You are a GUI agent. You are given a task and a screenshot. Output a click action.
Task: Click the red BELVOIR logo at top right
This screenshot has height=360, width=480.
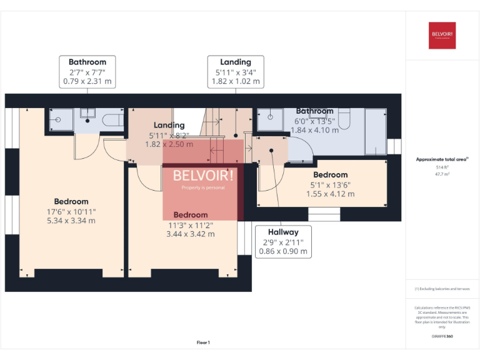tap(442, 35)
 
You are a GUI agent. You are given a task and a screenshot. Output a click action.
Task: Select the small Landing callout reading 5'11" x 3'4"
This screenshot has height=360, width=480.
tap(236, 71)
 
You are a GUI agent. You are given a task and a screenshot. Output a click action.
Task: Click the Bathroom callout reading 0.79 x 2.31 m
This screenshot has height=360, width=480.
tap(87, 71)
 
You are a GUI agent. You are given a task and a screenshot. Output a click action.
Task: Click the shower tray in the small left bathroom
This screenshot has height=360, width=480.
tap(59, 120)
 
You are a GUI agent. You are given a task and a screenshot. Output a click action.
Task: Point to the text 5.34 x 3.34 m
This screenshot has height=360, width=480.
tap(71, 221)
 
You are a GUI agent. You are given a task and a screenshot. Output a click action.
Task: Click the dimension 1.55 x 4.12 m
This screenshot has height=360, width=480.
tap(330, 194)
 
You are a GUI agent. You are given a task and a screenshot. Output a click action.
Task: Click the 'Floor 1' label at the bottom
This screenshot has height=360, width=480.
tap(203, 342)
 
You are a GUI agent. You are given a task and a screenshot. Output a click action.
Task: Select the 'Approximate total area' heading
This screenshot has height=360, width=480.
tap(442, 159)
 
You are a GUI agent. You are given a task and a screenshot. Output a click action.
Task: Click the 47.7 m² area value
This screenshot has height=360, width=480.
tap(442, 174)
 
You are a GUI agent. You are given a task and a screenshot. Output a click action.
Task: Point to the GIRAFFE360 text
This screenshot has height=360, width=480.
tap(442, 337)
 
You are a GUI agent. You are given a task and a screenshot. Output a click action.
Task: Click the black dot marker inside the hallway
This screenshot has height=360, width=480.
tap(272, 151)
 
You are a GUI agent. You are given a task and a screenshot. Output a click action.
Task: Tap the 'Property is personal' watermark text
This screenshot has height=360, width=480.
tap(202, 187)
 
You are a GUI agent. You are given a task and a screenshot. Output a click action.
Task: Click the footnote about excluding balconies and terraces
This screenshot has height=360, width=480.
tap(442, 289)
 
